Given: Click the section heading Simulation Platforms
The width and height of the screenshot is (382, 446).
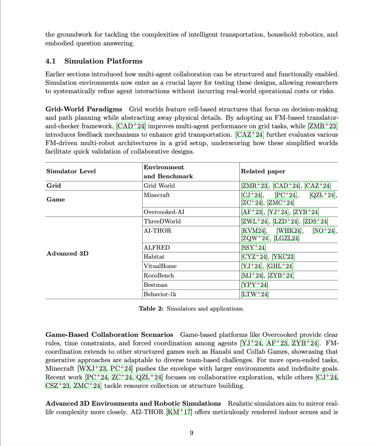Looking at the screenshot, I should pyautogui.click(x=103, y=61).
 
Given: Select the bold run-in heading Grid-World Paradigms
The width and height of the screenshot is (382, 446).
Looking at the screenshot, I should pyautogui.click(x=83, y=109).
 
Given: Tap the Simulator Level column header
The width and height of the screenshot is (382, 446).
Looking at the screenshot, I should pyautogui.click(x=71, y=171).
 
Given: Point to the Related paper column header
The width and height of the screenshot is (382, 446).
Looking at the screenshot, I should pyautogui.click(x=263, y=171).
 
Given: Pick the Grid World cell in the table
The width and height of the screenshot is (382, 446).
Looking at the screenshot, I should pyautogui.click(x=159, y=186).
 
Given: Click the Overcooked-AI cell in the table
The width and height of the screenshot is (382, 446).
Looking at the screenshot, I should pyautogui.click(x=164, y=212).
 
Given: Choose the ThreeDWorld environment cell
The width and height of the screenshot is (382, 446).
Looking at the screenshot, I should pyautogui.click(x=162, y=222).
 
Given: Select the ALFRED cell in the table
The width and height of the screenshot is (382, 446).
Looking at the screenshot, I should pyautogui.click(x=157, y=248).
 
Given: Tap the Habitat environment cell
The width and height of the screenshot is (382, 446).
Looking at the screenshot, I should pyautogui.click(x=154, y=257).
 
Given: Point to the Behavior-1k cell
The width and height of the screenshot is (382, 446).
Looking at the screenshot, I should pyautogui.click(x=160, y=295).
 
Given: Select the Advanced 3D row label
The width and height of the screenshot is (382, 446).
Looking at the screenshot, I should pyautogui.click(x=68, y=254).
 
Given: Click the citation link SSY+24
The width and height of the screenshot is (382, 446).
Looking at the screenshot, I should pyautogui.click(x=253, y=248).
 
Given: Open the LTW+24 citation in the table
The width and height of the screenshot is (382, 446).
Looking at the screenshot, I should pyautogui.click(x=255, y=295).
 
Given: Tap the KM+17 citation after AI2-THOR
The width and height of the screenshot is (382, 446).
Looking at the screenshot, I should pyautogui.click(x=179, y=412).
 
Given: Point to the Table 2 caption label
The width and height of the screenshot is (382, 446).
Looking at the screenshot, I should pyautogui.click(x=151, y=309).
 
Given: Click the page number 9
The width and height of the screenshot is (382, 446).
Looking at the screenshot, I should pyautogui.click(x=191, y=433).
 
